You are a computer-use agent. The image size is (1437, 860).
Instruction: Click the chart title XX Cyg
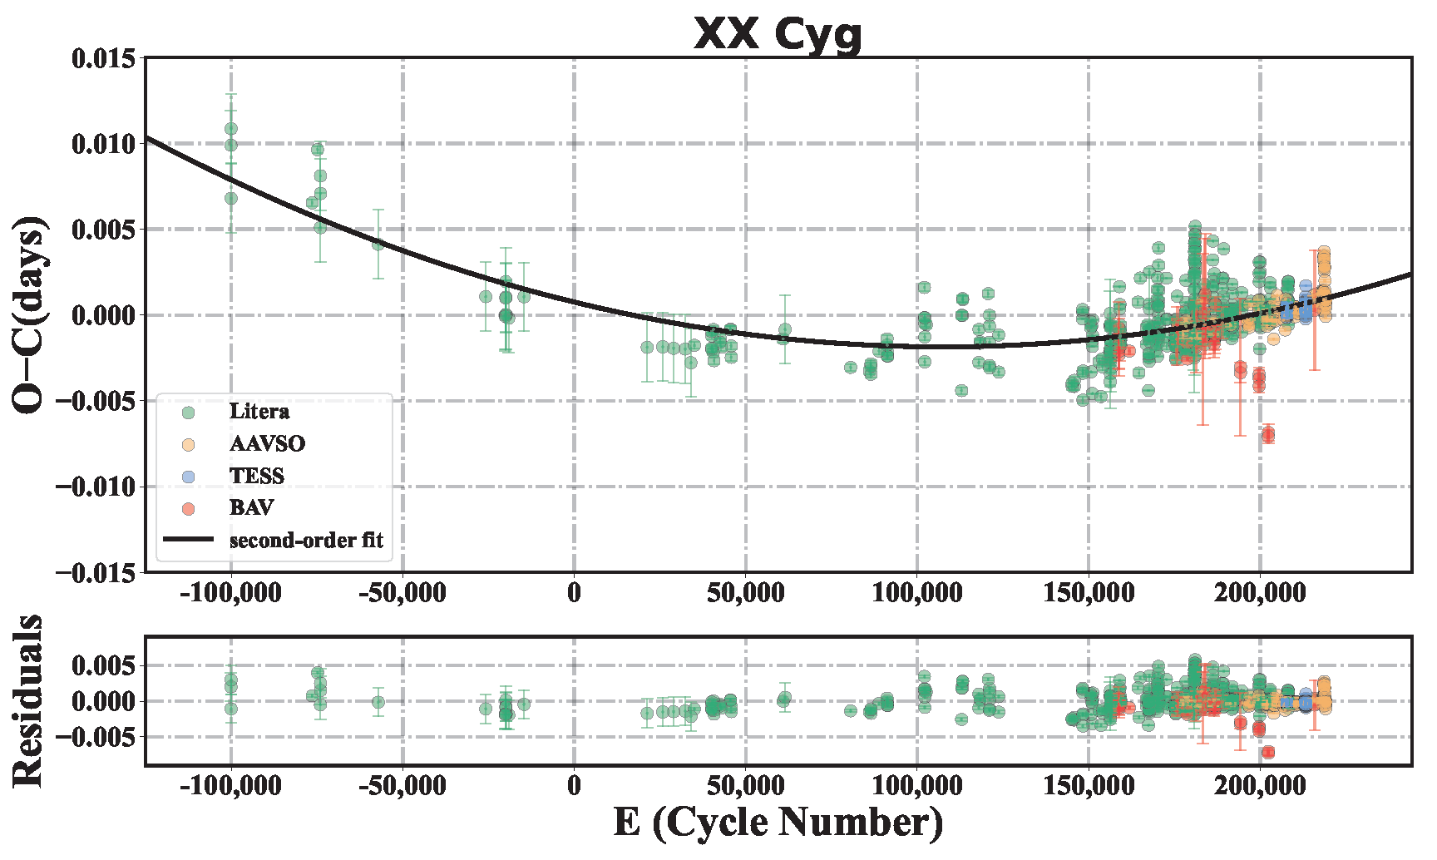click(x=778, y=34)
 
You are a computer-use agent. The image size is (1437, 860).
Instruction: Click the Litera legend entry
click(x=259, y=412)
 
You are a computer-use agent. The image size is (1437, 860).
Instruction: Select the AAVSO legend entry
click(x=266, y=444)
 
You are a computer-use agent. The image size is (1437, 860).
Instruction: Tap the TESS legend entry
click(x=256, y=476)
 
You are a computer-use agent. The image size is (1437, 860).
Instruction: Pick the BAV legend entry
click(x=251, y=508)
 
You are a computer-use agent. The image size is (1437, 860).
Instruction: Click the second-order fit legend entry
click(x=305, y=541)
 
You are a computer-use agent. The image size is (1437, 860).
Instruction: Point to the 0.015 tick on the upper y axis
click(x=103, y=59)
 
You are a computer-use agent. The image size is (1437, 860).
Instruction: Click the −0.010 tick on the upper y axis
click(x=97, y=487)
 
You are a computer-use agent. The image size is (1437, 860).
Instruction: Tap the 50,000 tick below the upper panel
click(x=745, y=594)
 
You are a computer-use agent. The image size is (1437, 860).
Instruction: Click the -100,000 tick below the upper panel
click(x=230, y=594)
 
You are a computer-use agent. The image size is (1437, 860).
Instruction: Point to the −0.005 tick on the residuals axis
click(x=97, y=738)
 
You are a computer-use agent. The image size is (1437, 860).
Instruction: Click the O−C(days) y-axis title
click(x=30, y=314)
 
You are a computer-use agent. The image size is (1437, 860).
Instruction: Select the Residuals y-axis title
click(x=30, y=700)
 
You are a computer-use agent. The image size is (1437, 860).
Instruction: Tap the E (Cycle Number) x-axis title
click(x=778, y=823)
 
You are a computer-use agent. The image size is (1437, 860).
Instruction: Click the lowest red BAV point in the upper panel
click(x=1267, y=434)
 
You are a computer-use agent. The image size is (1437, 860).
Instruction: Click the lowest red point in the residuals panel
click(x=1267, y=752)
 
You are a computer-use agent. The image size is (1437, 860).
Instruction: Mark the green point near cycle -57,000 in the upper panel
click(x=378, y=244)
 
